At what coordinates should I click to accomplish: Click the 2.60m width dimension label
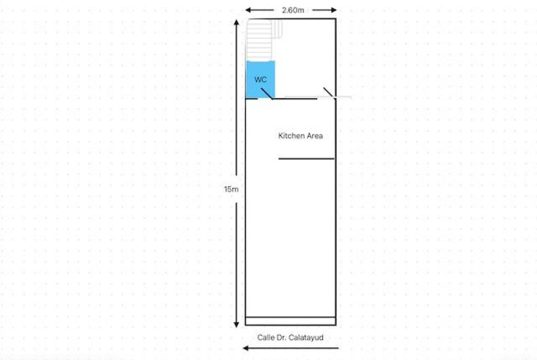pyautogui.click(x=293, y=10)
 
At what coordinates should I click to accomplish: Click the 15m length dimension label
pyautogui.click(x=231, y=189)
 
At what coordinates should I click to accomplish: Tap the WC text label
pyautogui.click(x=261, y=80)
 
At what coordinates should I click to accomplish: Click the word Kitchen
pyautogui.click(x=291, y=136)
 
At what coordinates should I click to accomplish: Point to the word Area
pyautogui.click(x=315, y=136)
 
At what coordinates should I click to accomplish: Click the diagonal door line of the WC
pyautogui.click(x=267, y=93)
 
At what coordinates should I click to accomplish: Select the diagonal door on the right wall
pyautogui.click(x=328, y=92)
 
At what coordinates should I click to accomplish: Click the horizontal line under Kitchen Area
pyautogui.click(x=306, y=158)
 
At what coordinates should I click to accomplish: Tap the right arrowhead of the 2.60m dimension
pyautogui.click(x=334, y=10)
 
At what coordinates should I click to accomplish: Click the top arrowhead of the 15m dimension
pyautogui.click(x=237, y=23)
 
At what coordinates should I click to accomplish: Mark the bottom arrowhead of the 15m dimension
pyautogui.click(x=237, y=324)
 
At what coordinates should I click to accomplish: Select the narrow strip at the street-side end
pyautogui.click(x=291, y=321)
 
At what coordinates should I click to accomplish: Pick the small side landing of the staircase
pyautogui.click(x=277, y=29)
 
